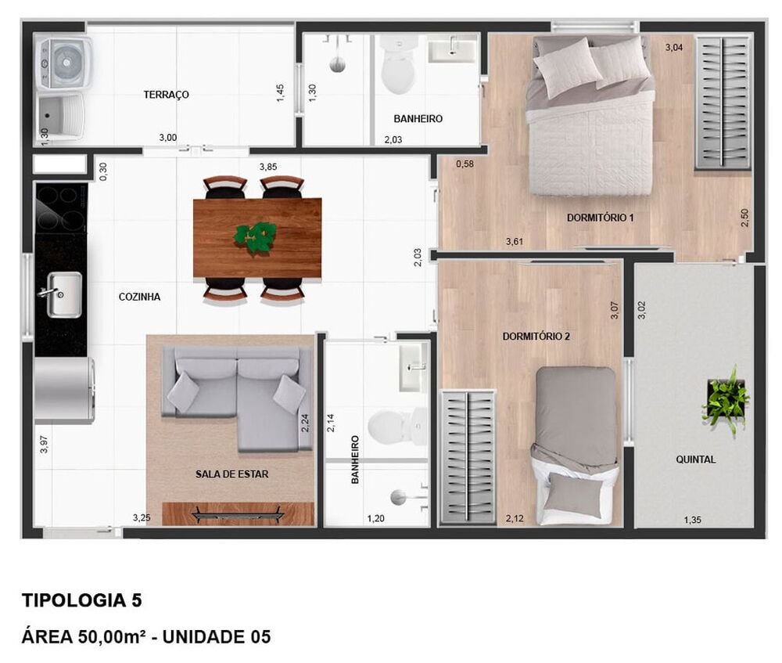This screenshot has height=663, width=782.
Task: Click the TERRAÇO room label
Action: tap(166, 95)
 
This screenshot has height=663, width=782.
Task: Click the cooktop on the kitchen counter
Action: tap(60, 207)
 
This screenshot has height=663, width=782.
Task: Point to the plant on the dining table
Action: tap(256, 236)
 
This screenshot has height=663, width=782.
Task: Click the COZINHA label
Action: tap(139, 297)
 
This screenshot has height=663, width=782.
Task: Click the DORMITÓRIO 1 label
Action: tap(600, 218)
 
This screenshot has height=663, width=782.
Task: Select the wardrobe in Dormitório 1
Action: tap(723, 102)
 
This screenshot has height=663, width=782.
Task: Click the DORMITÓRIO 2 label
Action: tap(536, 337)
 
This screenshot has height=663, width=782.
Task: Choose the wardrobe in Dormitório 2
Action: tap(468, 456)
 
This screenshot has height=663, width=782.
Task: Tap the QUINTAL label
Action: tap(695, 459)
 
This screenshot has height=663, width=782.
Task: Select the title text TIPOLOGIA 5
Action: tap(81, 601)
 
